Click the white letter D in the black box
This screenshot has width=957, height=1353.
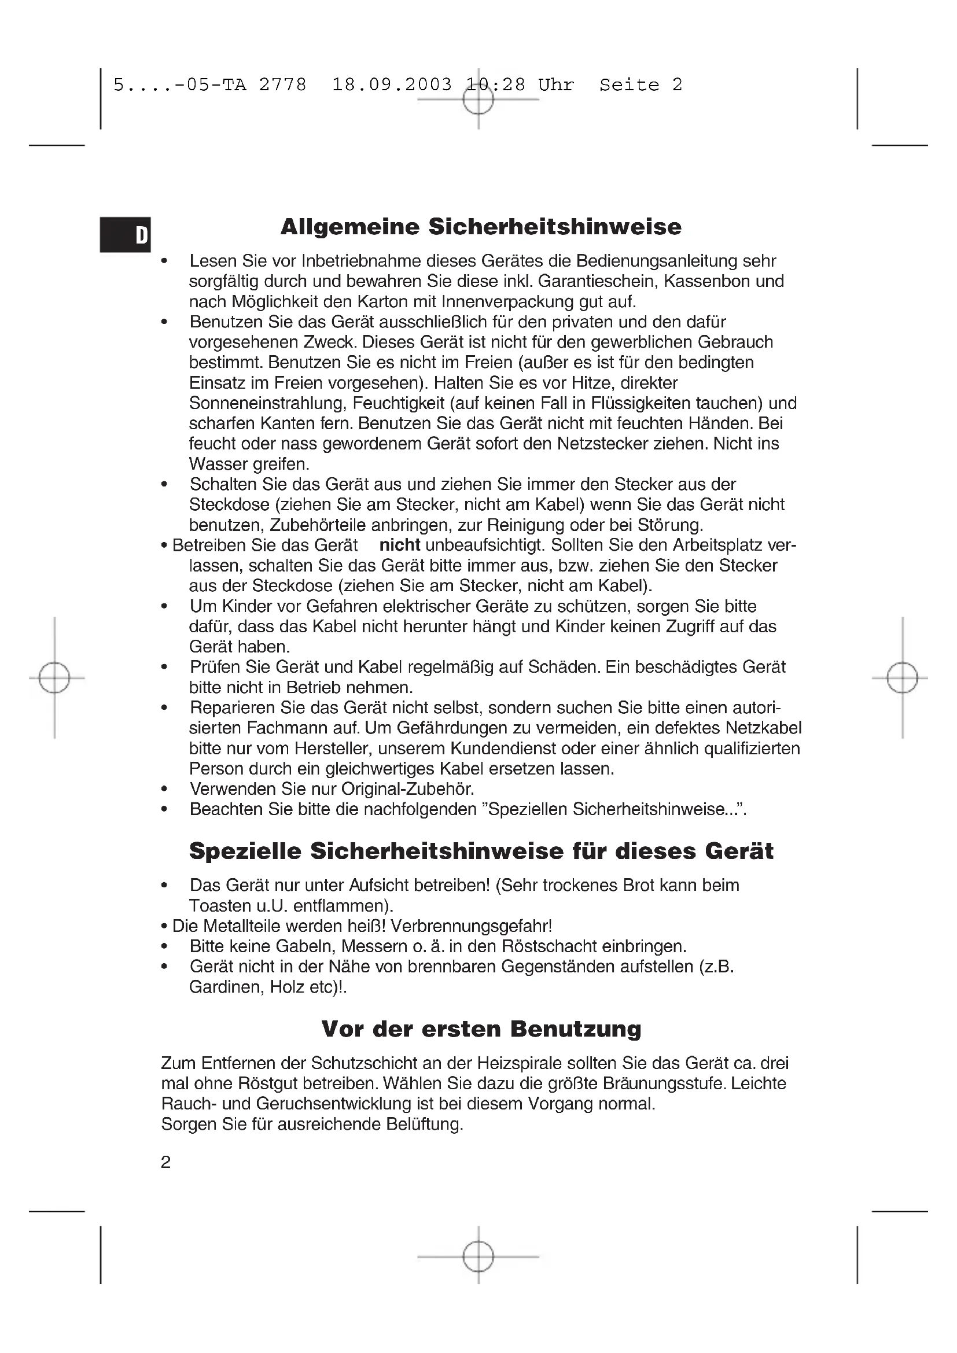pos(141,235)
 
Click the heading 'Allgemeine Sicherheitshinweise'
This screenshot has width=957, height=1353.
pos(481,227)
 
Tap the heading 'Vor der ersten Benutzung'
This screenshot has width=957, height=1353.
pos(481,1028)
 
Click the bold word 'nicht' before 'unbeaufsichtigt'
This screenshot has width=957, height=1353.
pos(400,545)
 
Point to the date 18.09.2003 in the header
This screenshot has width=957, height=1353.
pos(392,85)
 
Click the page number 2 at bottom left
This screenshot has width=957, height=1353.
pos(165,1162)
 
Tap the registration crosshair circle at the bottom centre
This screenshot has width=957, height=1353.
pos(478,1256)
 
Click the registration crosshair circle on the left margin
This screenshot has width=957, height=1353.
pos(54,678)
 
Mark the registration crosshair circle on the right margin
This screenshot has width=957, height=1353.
pos(902,678)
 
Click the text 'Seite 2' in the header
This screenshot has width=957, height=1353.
pos(641,85)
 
